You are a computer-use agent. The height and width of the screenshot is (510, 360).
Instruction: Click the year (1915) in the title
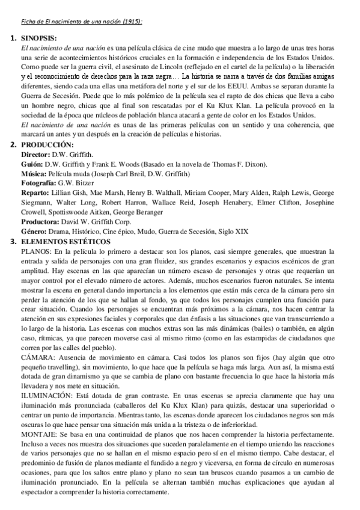pos(132,22)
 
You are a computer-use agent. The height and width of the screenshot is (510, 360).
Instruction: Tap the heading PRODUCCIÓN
pos(47,144)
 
